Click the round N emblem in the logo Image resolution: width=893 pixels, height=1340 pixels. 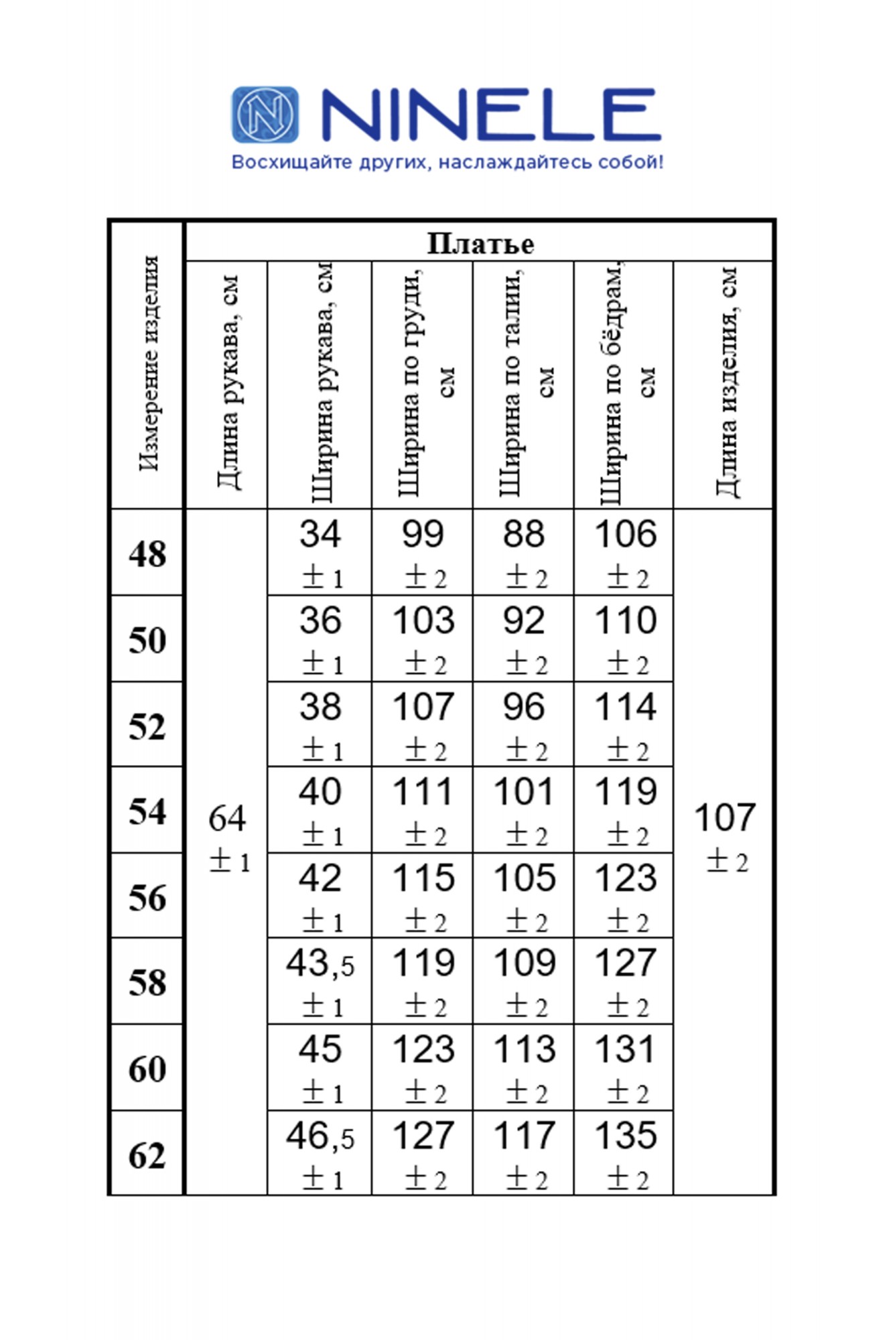pyautogui.click(x=265, y=115)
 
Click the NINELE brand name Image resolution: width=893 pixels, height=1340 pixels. pyautogui.click(x=490, y=115)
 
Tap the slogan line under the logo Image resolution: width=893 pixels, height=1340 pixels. pyautogui.click(x=447, y=162)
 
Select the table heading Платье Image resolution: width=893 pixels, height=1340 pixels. pyautogui.click(x=480, y=244)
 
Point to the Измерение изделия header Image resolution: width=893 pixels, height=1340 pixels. pyautogui.click(x=149, y=364)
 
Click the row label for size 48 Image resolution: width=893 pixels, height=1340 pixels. pyautogui.click(x=147, y=554)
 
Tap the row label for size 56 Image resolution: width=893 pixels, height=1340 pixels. pyautogui.click(x=147, y=897)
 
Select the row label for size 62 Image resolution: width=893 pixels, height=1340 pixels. pyautogui.click(x=147, y=1155)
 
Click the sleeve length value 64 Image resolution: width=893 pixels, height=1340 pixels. pyautogui.click(x=227, y=818)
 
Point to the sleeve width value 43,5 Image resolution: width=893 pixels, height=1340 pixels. pyautogui.click(x=320, y=963)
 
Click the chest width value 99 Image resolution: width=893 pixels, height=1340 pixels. pyautogui.click(x=423, y=534)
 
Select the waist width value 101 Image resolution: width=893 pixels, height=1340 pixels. pyautogui.click(x=524, y=792)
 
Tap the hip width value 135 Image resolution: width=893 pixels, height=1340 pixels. pyautogui.click(x=625, y=1136)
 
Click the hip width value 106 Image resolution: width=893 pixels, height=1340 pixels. pyautogui.click(x=625, y=534)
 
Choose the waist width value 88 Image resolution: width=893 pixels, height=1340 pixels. pyautogui.click(x=524, y=534)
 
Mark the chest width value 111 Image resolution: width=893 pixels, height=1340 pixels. pyautogui.click(x=423, y=792)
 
